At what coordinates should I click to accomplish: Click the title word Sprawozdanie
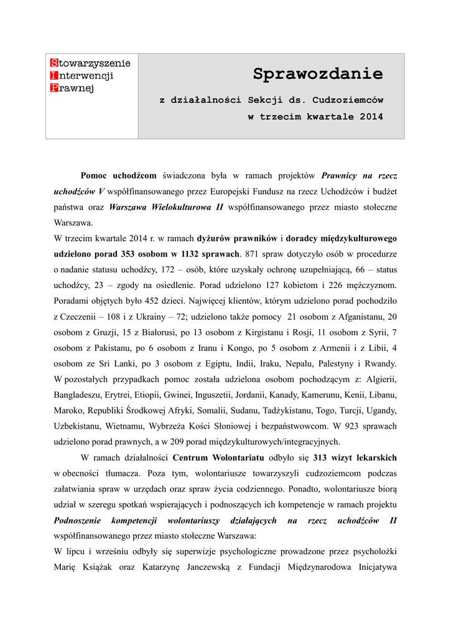[318, 75]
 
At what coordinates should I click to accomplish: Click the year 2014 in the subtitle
[371, 116]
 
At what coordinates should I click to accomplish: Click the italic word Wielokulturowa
[184, 207]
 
